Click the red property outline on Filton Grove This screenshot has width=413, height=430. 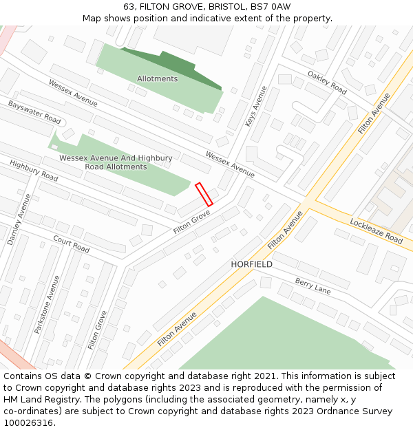pyautogui.click(x=204, y=194)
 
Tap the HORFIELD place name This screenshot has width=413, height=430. pyautogui.click(x=251, y=264)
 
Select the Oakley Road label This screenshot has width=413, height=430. pyautogui.click(x=327, y=83)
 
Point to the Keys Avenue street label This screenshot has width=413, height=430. pyautogui.click(x=255, y=106)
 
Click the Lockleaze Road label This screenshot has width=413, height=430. pyautogui.click(x=376, y=230)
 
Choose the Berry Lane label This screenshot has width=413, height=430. pyautogui.click(x=313, y=286)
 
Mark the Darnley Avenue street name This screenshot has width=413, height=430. pyautogui.click(x=19, y=219)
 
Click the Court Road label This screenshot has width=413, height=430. pyautogui.click(x=72, y=244)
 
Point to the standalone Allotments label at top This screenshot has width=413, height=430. pyautogui.click(x=157, y=78)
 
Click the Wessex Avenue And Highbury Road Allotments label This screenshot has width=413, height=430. pyautogui.click(x=116, y=162)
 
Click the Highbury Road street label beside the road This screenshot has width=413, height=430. pyautogui.click(x=34, y=171)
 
